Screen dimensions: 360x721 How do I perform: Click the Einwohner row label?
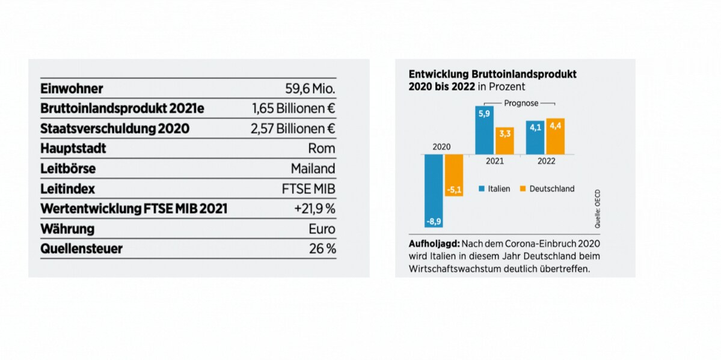72,89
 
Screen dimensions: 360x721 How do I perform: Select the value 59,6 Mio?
310,89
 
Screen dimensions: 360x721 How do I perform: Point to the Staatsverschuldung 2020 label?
114,129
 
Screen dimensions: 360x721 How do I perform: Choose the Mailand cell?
313,169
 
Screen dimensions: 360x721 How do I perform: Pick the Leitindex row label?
67,189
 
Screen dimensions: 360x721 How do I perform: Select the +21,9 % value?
314,209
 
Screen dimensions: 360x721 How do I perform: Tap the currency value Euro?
322,229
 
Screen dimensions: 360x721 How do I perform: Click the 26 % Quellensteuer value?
322,249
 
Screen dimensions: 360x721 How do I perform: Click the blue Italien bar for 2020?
434,191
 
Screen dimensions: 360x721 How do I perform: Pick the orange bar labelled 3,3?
505,141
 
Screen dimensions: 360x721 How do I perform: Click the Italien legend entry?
494,189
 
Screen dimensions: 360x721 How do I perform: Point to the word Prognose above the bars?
521,103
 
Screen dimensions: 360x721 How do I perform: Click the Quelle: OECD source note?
598,213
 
